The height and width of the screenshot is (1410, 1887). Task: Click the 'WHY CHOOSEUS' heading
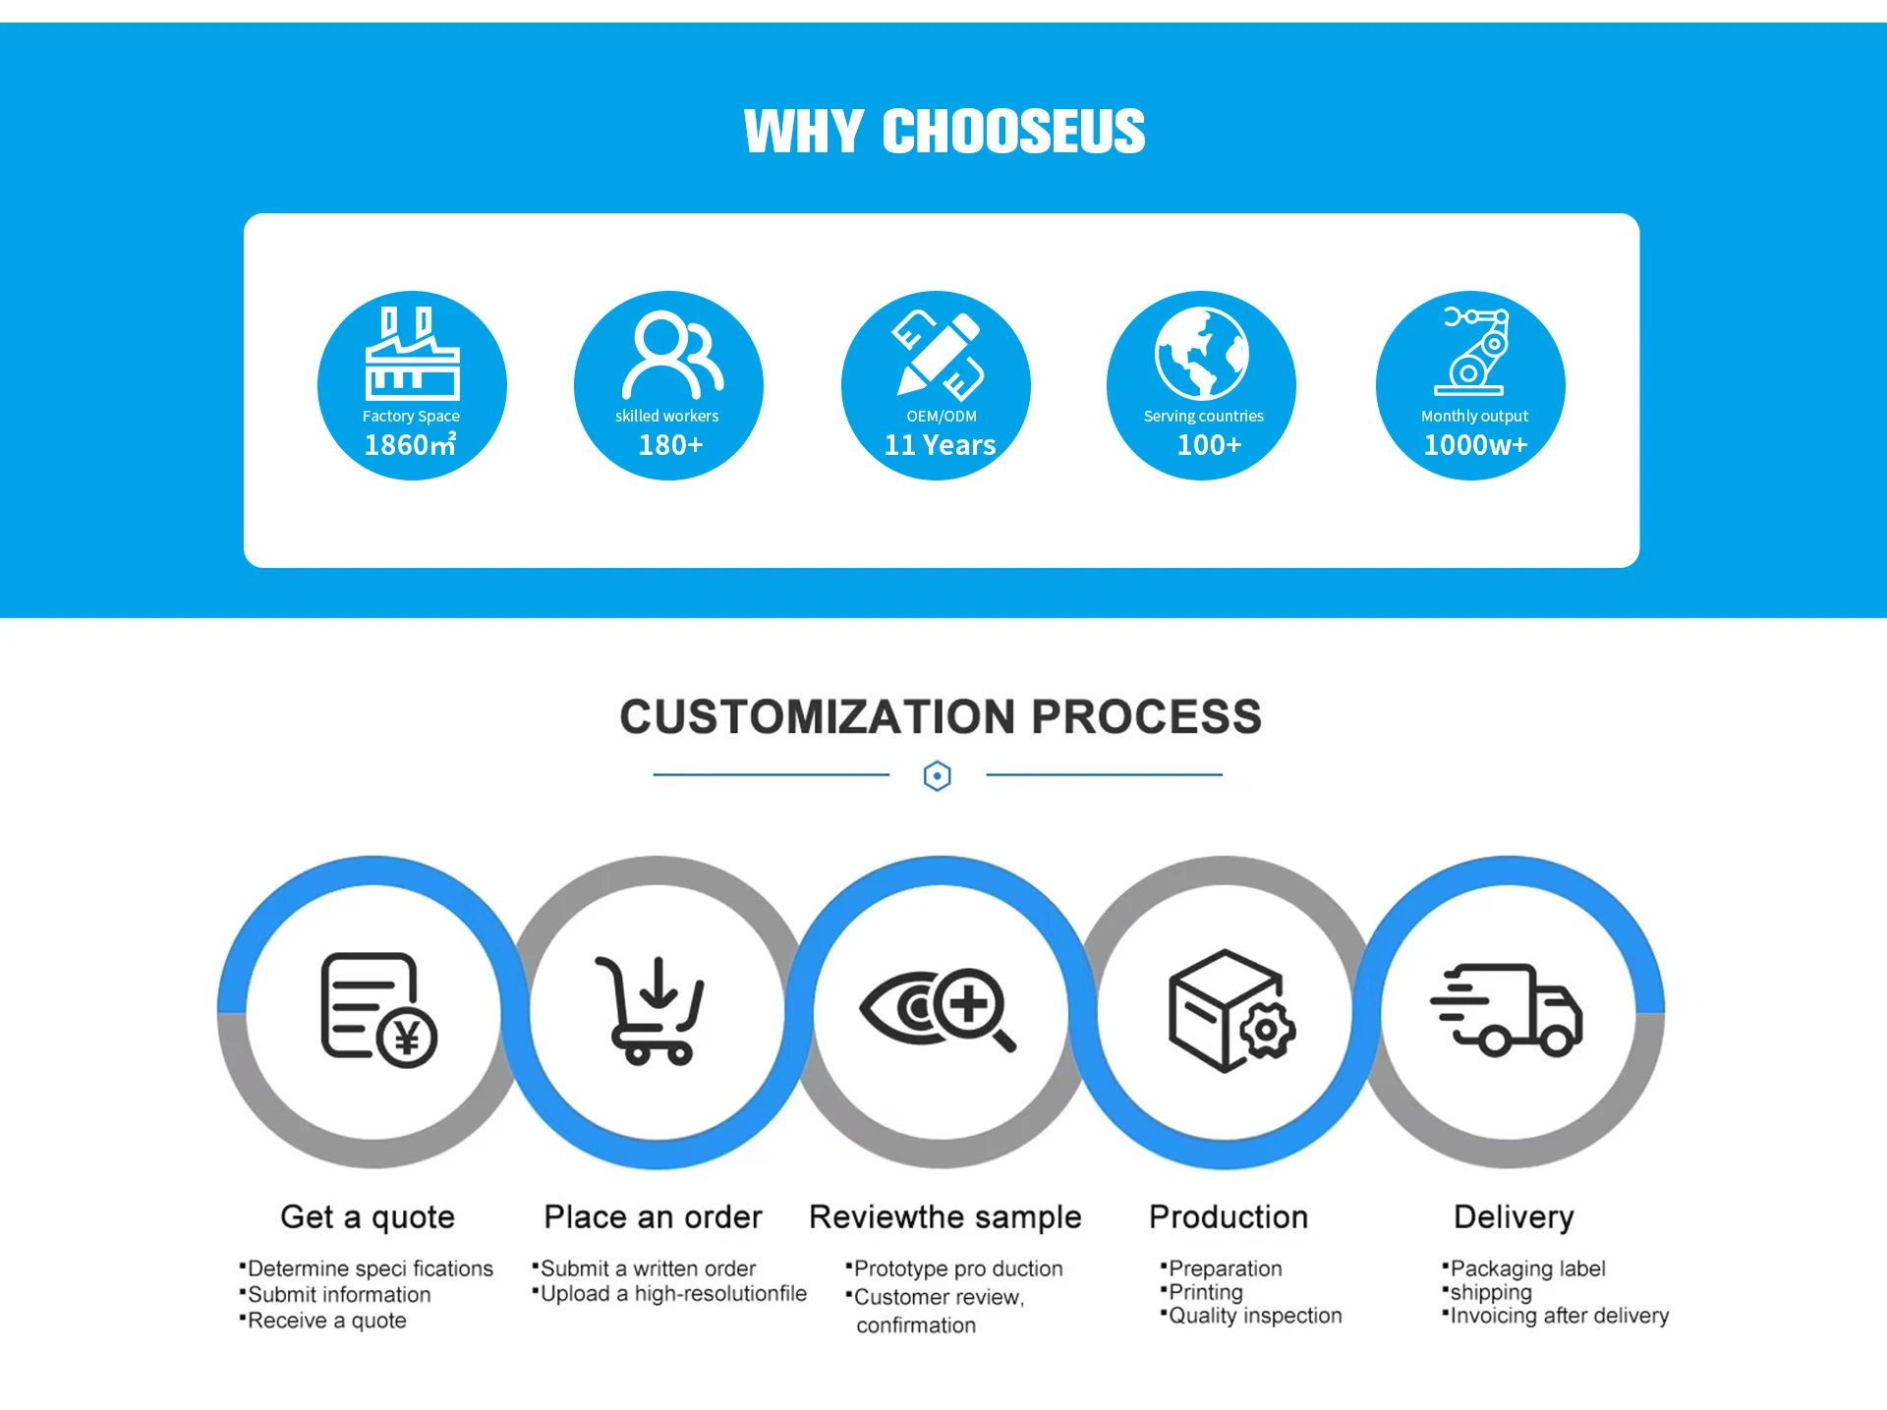(x=943, y=132)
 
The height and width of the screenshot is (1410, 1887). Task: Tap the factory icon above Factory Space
(x=412, y=353)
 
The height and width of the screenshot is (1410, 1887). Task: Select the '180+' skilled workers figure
(x=670, y=445)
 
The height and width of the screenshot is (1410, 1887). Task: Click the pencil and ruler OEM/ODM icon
(x=937, y=355)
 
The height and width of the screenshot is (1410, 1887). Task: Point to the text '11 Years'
(x=940, y=445)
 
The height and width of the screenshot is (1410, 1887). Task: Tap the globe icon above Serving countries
(x=1201, y=353)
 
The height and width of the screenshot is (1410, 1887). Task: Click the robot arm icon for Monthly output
(x=1472, y=351)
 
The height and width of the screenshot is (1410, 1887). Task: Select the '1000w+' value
(x=1475, y=445)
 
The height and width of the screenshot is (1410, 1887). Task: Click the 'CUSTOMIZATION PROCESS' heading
(x=941, y=716)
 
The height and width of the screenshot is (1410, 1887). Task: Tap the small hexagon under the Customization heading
(x=938, y=776)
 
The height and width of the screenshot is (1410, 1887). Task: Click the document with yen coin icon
(x=378, y=1010)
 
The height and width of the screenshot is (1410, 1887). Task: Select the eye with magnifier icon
(x=938, y=1010)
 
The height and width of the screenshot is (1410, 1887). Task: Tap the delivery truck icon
(x=1506, y=1010)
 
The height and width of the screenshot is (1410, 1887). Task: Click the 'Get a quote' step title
(x=368, y=1217)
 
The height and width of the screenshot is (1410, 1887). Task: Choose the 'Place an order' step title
(x=653, y=1217)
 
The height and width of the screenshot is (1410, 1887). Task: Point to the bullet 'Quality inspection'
(x=1255, y=1316)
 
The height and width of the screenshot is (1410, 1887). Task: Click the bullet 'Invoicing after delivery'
(x=1559, y=1316)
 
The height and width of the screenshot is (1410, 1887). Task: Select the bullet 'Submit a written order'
(x=648, y=1269)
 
